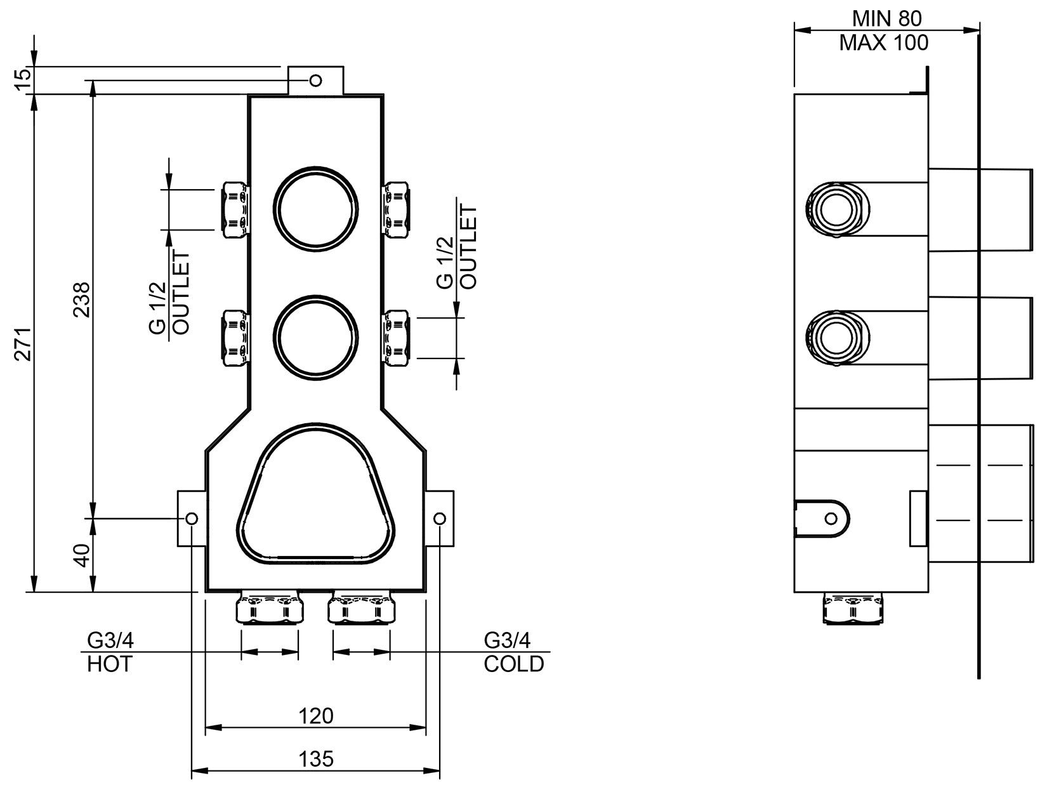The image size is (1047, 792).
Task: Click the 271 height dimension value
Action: (x=22, y=345)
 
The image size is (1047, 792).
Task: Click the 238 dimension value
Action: (x=82, y=299)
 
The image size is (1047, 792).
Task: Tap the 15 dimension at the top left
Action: (x=22, y=79)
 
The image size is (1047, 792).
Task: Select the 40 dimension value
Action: (x=82, y=555)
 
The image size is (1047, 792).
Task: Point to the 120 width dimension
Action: (x=315, y=716)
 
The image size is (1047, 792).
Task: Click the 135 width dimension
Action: (x=315, y=758)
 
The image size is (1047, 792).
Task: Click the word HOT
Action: (x=109, y=664)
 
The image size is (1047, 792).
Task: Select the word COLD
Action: (x=514, y=664)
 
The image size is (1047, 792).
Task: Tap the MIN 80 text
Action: (x=886, y=18)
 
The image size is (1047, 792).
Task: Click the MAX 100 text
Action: (x=884, y=43)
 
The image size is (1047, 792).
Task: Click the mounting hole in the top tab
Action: (x=315, y=80)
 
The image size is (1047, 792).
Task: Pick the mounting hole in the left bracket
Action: (x=192, y=518)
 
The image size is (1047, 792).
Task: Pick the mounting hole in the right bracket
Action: (x=439, y=518)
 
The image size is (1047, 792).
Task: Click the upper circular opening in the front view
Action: (x=315, y=209)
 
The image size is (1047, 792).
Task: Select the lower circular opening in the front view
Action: (x=315, y=338)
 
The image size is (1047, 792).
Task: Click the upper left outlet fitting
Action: (x=235, y=209)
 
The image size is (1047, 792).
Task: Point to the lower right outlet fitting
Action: (x=397, y=338)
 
